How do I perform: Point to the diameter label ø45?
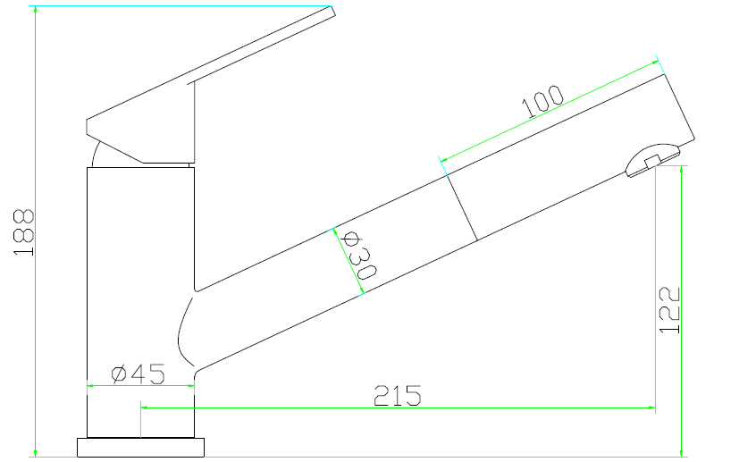coord(139,374)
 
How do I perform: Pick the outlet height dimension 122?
coord(670,310)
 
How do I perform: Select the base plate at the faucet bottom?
coord(142,447)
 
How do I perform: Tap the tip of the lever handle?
coord(331,12)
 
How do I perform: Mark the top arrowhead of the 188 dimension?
coord(35,10)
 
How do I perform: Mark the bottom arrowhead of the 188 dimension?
coord(35,451)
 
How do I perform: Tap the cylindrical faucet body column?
coord(139,295)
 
